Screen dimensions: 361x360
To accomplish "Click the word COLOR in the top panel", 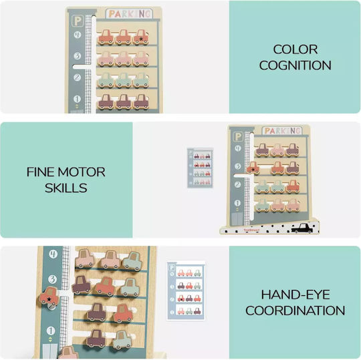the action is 295,49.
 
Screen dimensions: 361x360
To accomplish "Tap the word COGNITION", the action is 295,65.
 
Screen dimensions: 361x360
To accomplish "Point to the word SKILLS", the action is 66,188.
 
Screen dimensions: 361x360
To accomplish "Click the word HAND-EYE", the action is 295,295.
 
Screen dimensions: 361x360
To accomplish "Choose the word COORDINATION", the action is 295,311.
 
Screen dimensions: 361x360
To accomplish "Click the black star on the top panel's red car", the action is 141,39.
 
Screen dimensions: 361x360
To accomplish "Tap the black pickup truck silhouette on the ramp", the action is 302,228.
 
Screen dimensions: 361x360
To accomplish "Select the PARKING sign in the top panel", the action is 129,14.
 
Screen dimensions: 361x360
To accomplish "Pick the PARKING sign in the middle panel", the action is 282,131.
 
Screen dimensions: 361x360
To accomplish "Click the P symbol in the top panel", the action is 78,21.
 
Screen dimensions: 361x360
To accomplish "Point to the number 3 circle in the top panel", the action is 78,56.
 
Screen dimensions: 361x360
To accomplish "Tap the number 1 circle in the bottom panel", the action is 51,331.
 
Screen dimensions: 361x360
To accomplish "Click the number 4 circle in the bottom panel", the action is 53,254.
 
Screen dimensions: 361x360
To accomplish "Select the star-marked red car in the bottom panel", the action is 49,297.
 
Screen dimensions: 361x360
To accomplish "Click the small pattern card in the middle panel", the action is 200,168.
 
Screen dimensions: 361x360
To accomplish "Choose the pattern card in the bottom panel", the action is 186,291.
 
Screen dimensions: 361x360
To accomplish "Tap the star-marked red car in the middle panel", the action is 253,168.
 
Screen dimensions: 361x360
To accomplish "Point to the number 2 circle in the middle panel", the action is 237,184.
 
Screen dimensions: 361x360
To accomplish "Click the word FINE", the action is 41,172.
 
